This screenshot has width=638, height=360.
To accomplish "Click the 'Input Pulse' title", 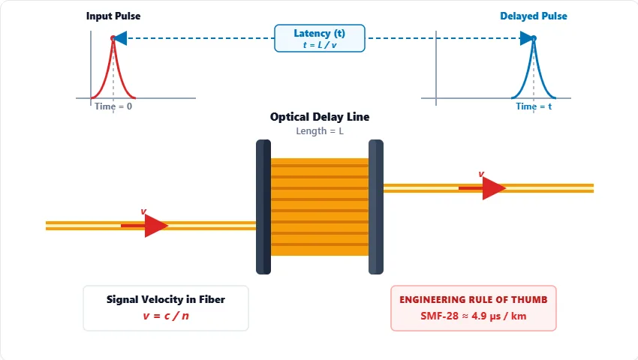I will pos(113,16).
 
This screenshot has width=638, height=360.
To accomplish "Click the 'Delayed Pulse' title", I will pos(534,16).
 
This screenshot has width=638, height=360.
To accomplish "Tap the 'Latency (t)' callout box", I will pos(320,37).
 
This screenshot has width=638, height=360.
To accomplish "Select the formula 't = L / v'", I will pos(320,45).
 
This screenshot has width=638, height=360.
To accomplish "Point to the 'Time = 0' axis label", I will pos(113,106).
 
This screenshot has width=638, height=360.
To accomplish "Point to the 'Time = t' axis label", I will pos(534,106).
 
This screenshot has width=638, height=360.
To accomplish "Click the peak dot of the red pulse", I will pos(113,37).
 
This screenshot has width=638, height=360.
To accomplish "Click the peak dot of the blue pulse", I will pos(534,37).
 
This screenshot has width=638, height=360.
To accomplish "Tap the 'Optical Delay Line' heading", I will pos(320,117).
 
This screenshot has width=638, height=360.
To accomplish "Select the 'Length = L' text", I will pos(320,131).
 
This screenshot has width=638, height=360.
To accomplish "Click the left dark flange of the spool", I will pos(263,206).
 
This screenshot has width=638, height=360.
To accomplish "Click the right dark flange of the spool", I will pos(376,206).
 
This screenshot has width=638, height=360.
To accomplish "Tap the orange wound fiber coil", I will pos(320,206).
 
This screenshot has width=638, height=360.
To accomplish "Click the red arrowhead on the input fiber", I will pos(156,225).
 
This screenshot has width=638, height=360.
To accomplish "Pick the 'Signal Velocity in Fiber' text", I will pos(166,299).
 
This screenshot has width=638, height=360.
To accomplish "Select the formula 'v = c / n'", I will pos(166,316).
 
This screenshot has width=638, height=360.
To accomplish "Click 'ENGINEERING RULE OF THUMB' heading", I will pos(474,299).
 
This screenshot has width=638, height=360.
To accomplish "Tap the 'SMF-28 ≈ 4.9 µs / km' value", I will pos(474,316).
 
